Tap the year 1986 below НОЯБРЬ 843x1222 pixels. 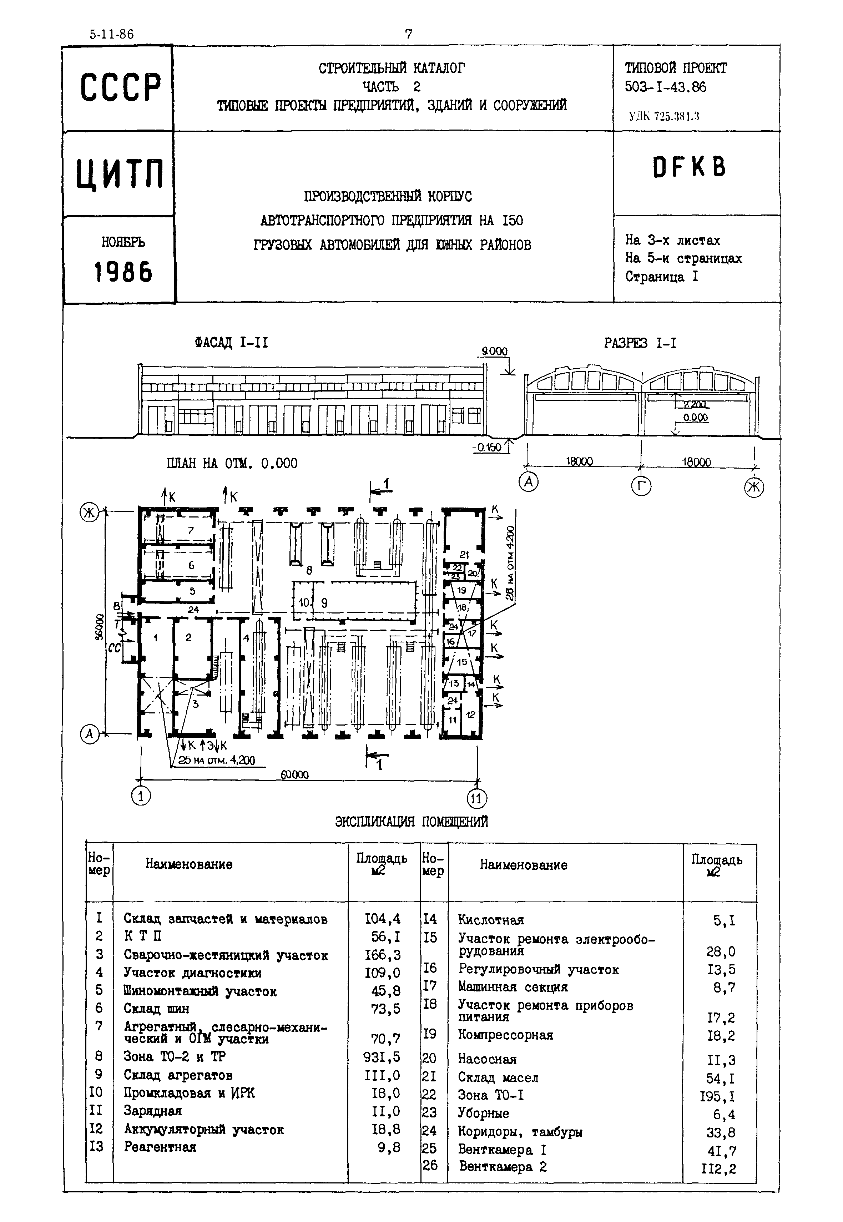tap(123, 273)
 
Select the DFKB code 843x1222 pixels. tap(689, 167)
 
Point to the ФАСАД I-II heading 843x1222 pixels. tap(231, 343)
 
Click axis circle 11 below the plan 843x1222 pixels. tap(477, 798)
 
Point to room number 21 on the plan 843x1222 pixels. tap(464, 555)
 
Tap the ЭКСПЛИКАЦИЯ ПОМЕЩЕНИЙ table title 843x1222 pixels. tap(412, 822)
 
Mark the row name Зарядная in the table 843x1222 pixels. tap(153, 1111)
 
